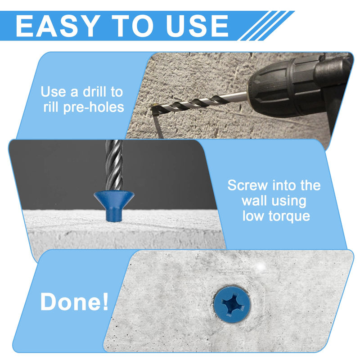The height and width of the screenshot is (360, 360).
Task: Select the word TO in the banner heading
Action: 132,26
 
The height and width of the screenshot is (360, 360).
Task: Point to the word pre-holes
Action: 94,108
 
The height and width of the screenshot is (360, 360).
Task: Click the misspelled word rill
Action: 51,107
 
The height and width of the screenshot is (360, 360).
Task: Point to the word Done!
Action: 74,301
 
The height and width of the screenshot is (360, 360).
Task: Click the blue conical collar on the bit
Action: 114,205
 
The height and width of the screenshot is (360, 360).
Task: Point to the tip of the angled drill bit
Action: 152,106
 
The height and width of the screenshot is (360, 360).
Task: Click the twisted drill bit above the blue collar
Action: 114,165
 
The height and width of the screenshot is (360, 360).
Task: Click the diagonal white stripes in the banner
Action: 266,26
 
